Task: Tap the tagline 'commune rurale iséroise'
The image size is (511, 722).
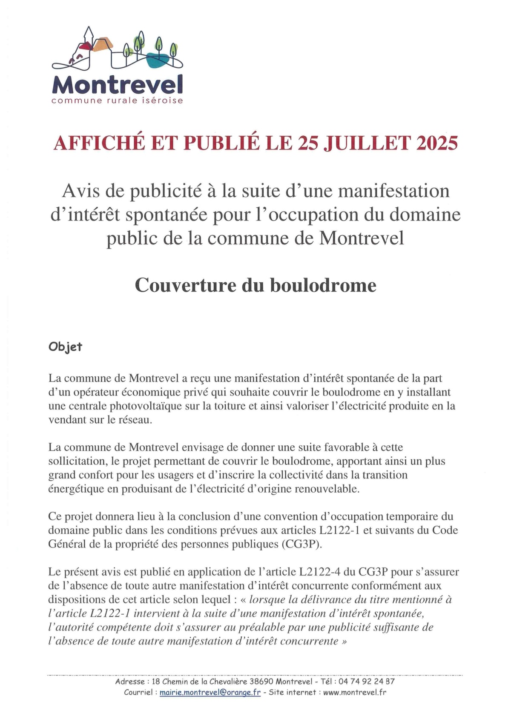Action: (117, 101)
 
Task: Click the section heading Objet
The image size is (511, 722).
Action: (65, 347)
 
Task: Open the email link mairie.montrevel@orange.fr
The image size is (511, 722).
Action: (210, 693)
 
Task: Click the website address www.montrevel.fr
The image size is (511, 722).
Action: (355, 693)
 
